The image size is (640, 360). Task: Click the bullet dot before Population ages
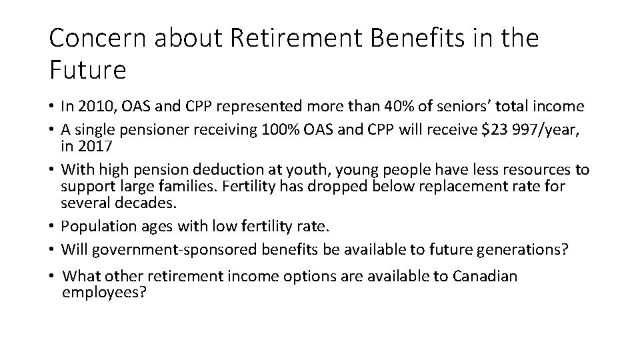click(52, 226)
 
